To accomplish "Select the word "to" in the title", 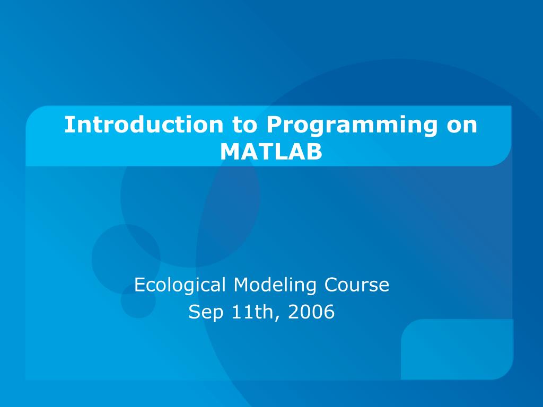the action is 245,125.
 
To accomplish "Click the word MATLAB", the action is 271,152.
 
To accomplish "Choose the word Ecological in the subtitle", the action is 180,285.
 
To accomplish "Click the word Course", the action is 357,285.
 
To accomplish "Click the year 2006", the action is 311,312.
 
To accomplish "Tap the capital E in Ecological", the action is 139,285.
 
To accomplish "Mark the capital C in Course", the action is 331,285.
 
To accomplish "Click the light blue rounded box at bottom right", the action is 457,350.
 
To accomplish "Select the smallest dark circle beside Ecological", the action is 138,300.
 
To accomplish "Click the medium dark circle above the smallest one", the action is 126,259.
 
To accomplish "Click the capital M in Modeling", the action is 242,285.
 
